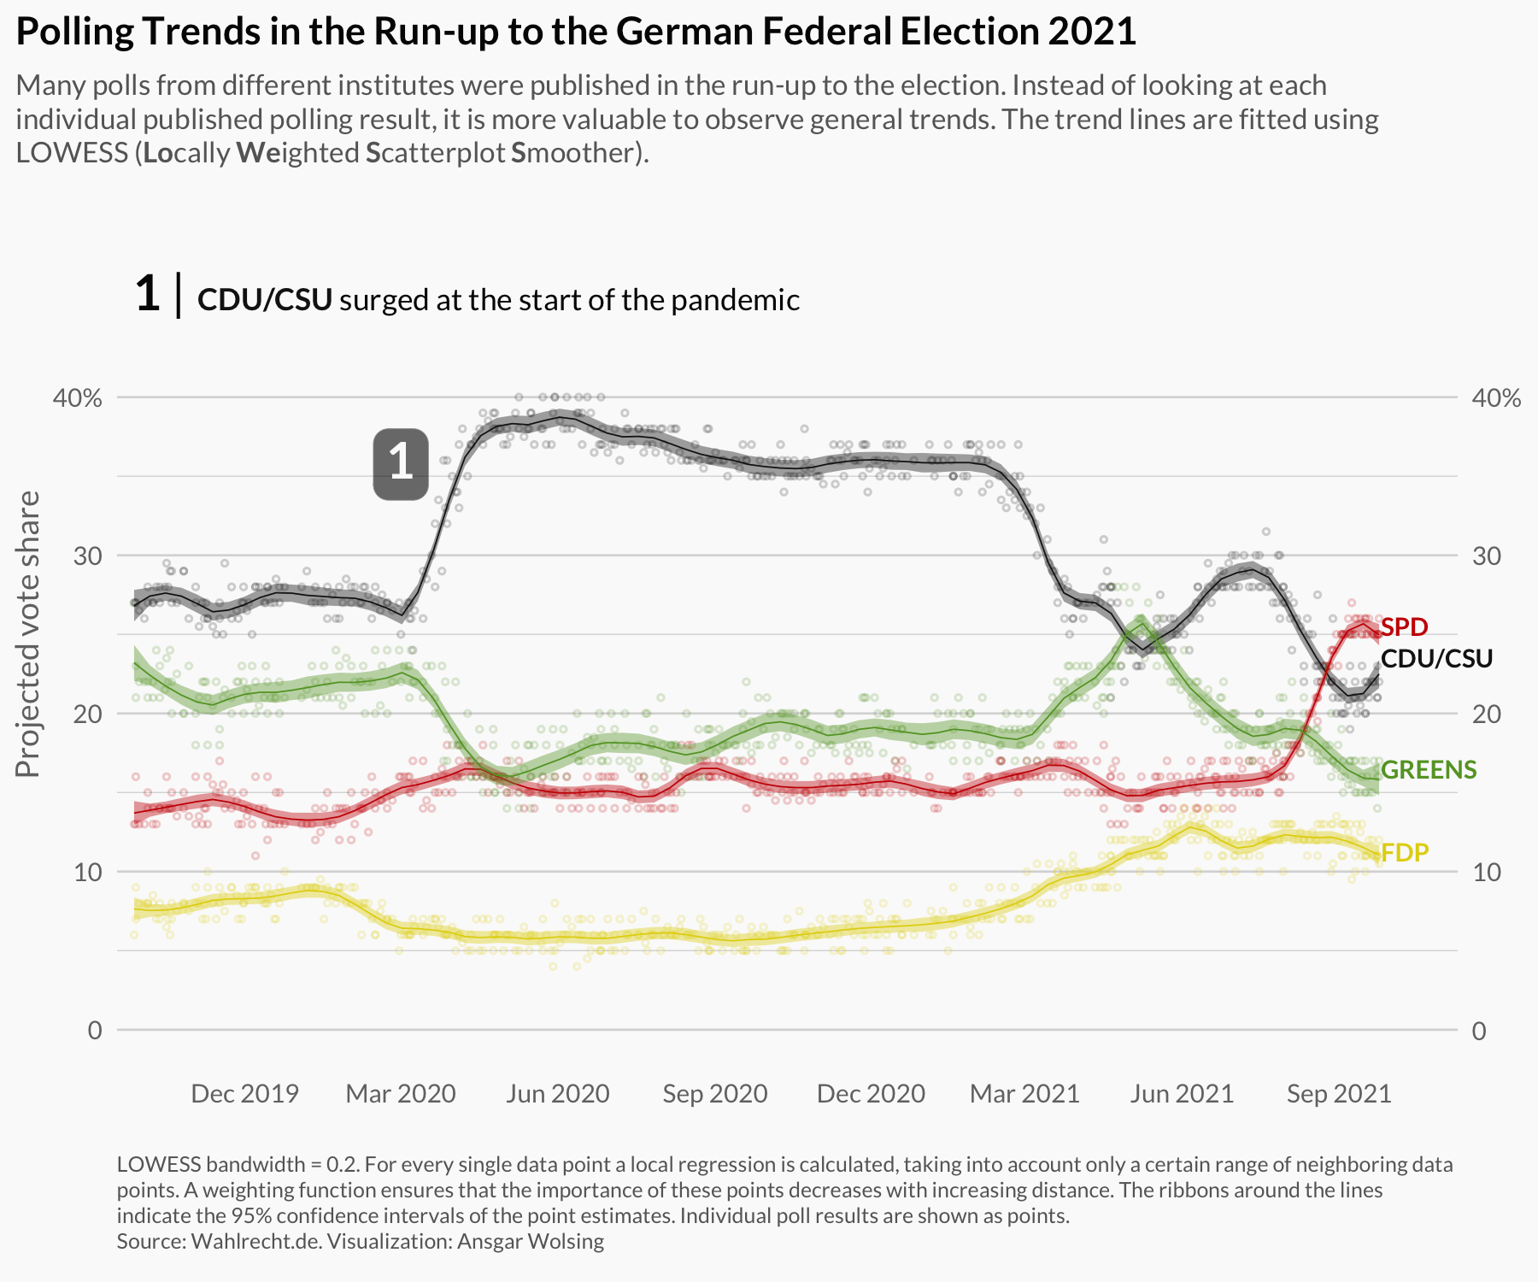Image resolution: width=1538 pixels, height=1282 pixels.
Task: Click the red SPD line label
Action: point(1404,626)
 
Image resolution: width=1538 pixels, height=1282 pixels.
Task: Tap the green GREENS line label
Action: point(1428,769)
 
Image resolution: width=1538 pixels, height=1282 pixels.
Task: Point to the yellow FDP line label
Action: point(1404,852)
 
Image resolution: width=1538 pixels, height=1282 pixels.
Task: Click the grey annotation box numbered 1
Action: point(400,463)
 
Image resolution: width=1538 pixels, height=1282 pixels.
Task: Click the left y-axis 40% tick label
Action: point(78,397)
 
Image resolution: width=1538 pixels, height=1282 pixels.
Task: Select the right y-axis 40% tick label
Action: point(1496,397)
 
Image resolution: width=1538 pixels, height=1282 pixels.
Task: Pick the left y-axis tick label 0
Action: point(94,1030)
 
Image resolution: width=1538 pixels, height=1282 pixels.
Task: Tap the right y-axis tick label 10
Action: point(1486,872)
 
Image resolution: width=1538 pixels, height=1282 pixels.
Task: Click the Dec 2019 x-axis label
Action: point(244,1094)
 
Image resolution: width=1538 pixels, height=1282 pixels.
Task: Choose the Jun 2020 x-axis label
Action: point(557,1094)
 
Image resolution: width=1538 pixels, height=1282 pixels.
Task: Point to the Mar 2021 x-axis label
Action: point(1024,1094)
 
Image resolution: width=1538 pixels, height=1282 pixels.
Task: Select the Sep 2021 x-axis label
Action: point(1339,1094)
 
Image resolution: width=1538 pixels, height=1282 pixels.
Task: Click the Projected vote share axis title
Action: point(28,634)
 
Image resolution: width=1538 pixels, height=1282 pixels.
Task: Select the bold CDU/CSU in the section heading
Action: point(264,300)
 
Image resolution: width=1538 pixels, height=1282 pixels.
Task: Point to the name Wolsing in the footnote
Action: point(572,1241)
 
